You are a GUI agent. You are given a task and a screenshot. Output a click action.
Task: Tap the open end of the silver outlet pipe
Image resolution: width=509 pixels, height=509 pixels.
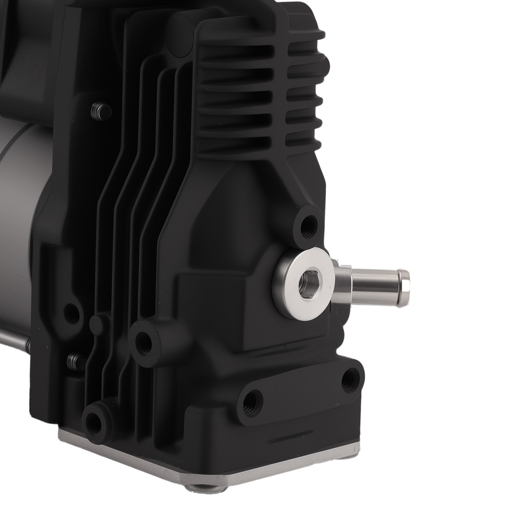(x=405, y=288)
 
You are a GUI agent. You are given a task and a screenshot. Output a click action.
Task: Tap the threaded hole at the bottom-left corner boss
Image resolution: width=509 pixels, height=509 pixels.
(x=94, y=422)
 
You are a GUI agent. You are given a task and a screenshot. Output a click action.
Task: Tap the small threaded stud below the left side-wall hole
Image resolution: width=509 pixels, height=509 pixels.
(x=75, y=362)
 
